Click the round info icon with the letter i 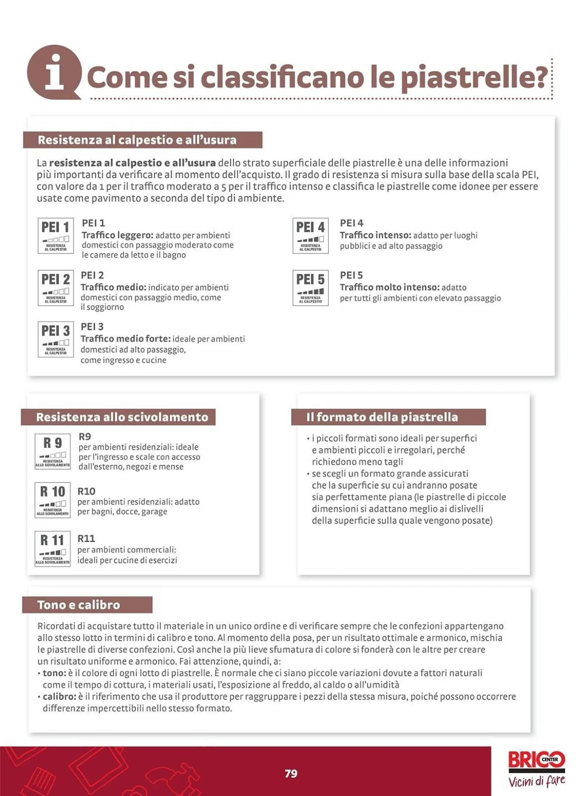point(54,72)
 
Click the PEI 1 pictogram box point(56,236)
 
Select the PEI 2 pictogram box point(56,288)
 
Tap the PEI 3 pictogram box point(56,339)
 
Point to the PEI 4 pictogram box point(310,236)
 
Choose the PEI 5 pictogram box point(310,288)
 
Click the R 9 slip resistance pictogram point(52,451)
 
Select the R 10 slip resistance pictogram point(52,500)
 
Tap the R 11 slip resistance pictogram point(52,548)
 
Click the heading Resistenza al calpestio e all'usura point(137,140)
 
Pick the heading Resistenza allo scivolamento point(122,417)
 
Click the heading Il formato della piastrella point(382,417)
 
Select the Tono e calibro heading point(79,605)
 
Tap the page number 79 point(291,773)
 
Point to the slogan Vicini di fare point(536,781)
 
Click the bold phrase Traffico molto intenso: point(389,287)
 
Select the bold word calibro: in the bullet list point(59,696)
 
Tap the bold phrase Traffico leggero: point(117,235)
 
